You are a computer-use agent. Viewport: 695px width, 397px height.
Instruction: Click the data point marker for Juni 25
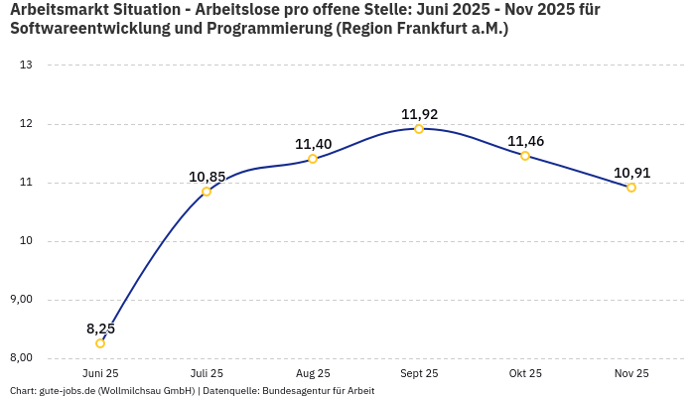tap(100, 343)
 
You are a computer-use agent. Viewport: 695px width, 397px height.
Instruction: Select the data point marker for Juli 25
tap(207, 192)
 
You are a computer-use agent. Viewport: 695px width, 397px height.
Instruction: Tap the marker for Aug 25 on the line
tap(313, 159)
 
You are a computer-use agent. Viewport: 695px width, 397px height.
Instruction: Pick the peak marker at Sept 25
tap(419, 129)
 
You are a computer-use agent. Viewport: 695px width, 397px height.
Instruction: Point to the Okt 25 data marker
tap(525, 156)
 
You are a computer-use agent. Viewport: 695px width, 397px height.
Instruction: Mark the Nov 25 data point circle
tap(631, 188)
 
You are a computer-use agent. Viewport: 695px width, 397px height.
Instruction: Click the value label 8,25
tap(100, 329)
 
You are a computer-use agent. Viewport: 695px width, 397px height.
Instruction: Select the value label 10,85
tap(207, 177)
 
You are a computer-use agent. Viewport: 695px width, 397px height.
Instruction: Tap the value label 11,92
tap(419, 114)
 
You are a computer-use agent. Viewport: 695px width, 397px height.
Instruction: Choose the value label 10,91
tap(631, 173)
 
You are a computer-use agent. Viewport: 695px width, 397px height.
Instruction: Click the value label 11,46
tap(525, 141)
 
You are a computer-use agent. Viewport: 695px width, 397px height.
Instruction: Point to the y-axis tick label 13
tap(27, 66)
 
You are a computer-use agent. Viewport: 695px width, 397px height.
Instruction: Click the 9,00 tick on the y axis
tap(21, 300)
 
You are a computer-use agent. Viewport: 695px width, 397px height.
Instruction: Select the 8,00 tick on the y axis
tap(21, 358)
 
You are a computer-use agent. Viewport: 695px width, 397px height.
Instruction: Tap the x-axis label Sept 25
tap(419, 373)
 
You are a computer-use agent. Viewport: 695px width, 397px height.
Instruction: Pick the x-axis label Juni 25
tap(100, 373)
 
